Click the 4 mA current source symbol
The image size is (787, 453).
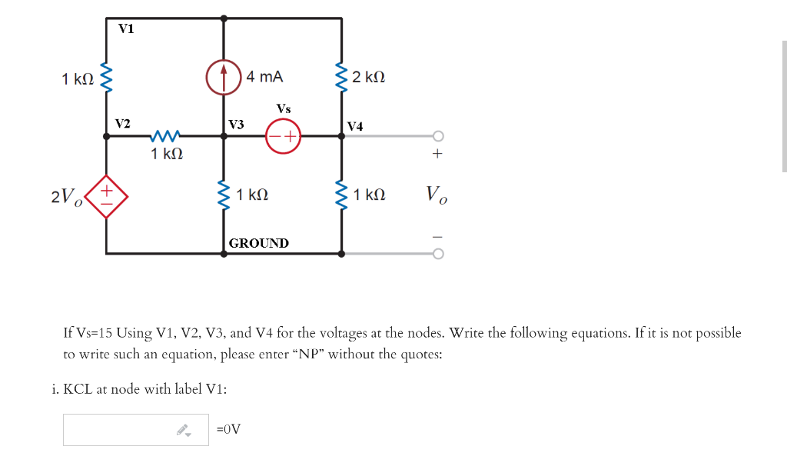224,77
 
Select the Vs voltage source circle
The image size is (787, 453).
283,136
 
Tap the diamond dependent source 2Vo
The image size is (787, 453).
106,196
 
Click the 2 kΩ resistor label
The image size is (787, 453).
369,78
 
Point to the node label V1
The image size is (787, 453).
125,29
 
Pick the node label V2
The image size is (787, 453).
122,123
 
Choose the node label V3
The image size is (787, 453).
236,124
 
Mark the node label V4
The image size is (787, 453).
355,125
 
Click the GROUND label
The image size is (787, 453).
259,243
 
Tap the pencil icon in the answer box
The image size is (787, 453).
182,430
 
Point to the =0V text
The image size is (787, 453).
228,429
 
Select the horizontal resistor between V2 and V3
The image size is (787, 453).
167,136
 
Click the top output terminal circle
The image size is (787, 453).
438,136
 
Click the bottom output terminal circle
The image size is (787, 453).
438,253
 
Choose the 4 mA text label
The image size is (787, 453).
264,77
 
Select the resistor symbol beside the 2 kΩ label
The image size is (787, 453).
341,77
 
